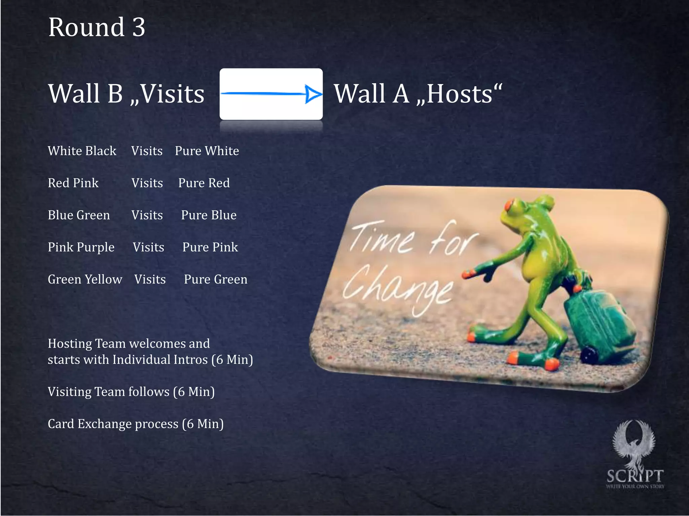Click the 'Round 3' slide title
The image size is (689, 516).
coord(97,27)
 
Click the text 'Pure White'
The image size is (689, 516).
coord(207,151)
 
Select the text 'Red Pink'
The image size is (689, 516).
coord(73,183)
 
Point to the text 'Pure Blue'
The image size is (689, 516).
coord(209,215)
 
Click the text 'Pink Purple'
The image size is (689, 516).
coord(81,247)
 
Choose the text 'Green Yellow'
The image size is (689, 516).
coord(85,279)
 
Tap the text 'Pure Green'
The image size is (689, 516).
coord(215,279)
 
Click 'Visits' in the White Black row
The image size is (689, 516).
coord(147,151)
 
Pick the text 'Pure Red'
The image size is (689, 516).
coord(204,183)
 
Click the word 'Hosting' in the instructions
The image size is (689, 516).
coord(70,344)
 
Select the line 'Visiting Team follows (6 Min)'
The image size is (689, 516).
coord(131,392)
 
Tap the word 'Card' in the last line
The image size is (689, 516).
coord(61,424)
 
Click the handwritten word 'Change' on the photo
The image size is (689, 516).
coord(399,289)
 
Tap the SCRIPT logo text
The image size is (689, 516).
coord(635,476)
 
